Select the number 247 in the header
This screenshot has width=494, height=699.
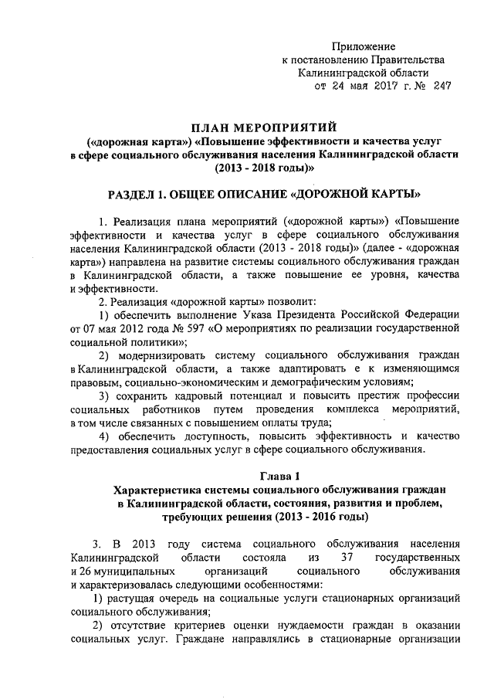pos(442,86)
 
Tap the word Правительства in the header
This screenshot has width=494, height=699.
pos(408,60)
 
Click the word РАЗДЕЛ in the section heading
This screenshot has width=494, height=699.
pos(130,191)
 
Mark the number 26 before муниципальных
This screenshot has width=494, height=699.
pos(83,570)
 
